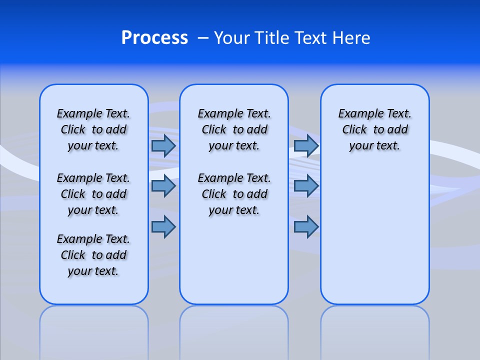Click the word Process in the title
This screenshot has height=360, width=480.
(154, 38)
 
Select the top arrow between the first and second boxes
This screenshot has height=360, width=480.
(163, 145)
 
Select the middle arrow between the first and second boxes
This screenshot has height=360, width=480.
(163, 186)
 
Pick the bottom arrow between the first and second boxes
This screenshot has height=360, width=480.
(163, 227)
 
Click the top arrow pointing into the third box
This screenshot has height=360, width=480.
(306, 145)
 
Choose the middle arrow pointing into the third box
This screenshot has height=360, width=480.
(306, 186)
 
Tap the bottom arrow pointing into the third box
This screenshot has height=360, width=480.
(306, 227)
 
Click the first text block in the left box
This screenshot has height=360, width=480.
(93, 129)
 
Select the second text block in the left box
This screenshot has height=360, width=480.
(93, 194)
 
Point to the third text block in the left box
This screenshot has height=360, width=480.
(93, 255)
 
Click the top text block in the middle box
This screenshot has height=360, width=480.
(234, 129)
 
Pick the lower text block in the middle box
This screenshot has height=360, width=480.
(234, 194)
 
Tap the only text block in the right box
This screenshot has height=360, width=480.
(374, 129)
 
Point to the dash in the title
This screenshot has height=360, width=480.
(203, 38)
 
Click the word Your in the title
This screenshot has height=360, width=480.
(232, 38)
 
